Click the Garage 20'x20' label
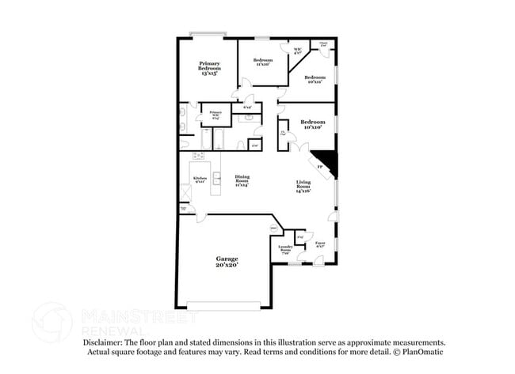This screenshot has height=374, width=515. click(x=227, y=261)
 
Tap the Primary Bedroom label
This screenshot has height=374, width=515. click(x=209, y=67)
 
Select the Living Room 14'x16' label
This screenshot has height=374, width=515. click(x=303, y=187)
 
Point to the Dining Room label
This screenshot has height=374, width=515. click(x=242, y=180)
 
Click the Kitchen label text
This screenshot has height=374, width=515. click(x=200, y=179)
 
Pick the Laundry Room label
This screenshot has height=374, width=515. click(x=285, y=249)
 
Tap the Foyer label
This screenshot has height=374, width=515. click(x=320, y=245)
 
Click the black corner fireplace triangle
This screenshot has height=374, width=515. click(x=326, y=163)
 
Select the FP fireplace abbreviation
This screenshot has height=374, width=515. click(x=319, y=168)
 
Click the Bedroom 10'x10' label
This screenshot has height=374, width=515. click(x=312, y=124)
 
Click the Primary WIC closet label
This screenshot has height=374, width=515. click(x=215, y=115)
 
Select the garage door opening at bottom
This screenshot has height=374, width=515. click(x=223, y=304)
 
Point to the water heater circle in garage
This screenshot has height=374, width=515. click(x=275, y=229)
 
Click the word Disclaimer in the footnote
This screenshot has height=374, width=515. click(x=108, y=342)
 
